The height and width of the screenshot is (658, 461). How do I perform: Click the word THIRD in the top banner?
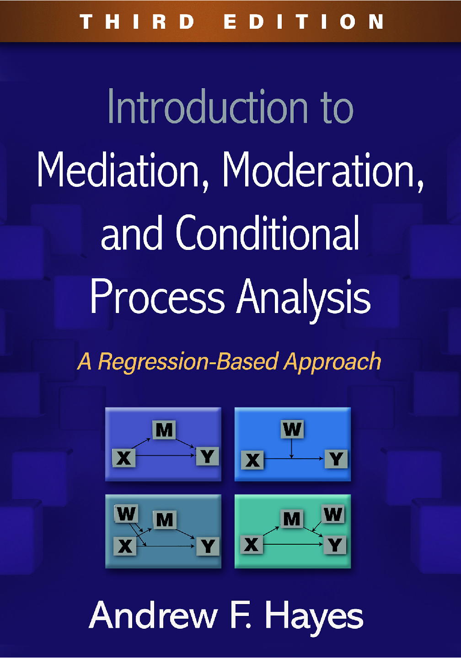[x=137, y=21]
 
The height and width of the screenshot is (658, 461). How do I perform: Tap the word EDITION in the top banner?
[x=303, y=21]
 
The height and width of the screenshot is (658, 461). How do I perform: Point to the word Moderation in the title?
[x=323, y=170]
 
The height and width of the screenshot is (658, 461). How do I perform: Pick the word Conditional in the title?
[x=268, y=233]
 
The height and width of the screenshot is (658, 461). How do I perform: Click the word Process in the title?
[x=157, y=297]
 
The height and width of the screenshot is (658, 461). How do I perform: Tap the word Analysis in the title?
[x=304, y=298]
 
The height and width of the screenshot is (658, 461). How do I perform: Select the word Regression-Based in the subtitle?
[x=188, y=362]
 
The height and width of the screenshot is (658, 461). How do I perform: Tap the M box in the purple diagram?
[x=164, y=430]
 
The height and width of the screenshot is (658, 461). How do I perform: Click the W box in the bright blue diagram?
[x=292, y=429]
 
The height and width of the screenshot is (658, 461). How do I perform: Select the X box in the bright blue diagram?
[x=252, y=460]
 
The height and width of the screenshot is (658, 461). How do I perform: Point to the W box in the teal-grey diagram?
[x=126, y=514]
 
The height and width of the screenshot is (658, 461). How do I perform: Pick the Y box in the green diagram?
[x=335, y=545]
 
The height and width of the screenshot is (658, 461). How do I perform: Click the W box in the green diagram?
[x=333, y=514]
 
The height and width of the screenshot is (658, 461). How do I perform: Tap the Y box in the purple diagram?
[x=208, y=456]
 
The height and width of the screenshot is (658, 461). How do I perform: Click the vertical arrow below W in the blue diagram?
[x=291, y=448]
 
